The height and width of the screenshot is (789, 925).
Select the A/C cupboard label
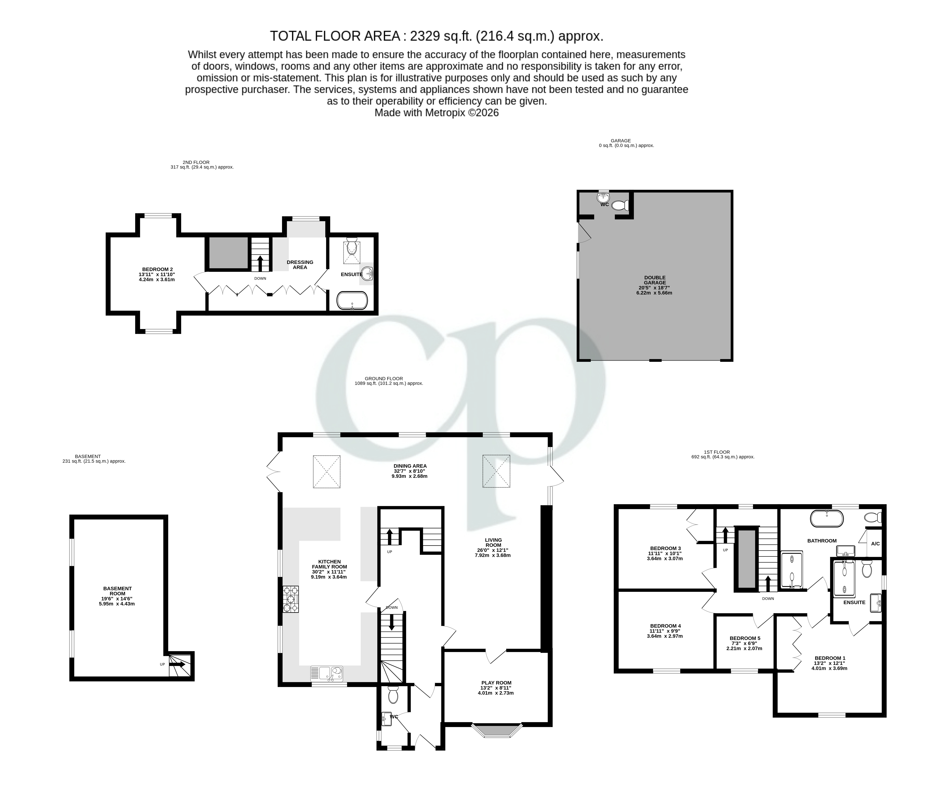pos(875,544)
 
